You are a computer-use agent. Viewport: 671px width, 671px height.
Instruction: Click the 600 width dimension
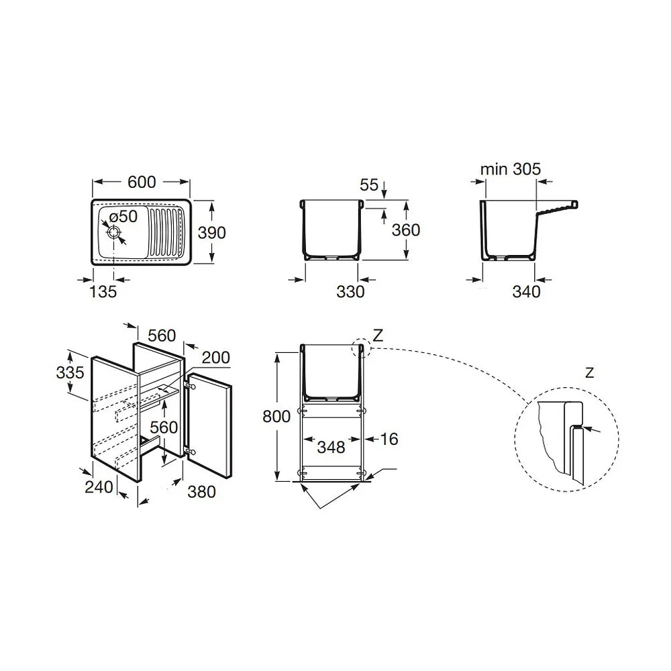[142, 183]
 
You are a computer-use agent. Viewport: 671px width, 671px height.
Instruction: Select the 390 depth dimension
[212, 233]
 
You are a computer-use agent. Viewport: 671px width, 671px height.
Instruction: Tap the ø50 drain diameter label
[123, 217]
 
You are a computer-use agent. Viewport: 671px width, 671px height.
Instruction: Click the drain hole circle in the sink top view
[114, 233]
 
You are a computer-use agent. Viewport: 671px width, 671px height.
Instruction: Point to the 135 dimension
[103, 292]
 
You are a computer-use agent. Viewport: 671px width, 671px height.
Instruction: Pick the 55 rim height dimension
[369, 185]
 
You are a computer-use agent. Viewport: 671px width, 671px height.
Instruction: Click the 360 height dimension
[406, 230]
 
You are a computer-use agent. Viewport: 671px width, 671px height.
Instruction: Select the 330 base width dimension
[350, 292]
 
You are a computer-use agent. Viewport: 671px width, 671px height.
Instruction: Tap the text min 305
[511, 170]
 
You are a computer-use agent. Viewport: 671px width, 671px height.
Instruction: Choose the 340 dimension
[526, 292]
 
